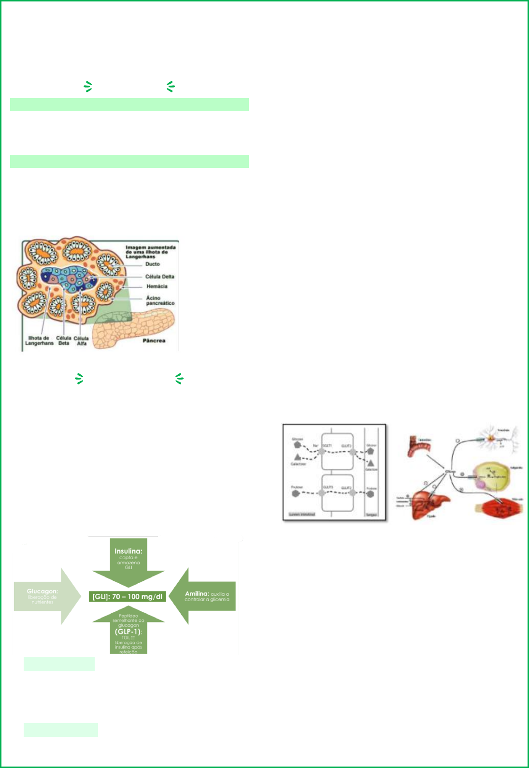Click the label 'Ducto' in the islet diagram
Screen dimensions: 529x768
(152, 264)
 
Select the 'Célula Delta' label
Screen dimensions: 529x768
(159, 277)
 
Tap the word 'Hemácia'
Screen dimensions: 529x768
(157, 286)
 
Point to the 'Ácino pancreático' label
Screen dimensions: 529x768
(160, 300)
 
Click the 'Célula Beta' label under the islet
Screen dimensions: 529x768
(63, 340)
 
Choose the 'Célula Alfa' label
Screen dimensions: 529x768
(81, 340)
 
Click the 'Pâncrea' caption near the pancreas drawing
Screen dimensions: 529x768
(154, 340)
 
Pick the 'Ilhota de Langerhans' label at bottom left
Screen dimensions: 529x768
(39, 340)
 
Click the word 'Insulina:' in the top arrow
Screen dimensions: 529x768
(128, 551)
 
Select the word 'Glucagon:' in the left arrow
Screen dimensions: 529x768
(42, 591)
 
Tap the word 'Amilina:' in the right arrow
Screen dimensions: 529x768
(197, 593)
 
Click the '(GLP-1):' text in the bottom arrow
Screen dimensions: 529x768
(128, 632)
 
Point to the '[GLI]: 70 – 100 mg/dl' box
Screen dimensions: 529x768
(128, 596)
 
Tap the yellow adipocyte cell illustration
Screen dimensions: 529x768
(490, 476)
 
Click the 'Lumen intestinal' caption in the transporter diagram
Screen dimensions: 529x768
(301, 514)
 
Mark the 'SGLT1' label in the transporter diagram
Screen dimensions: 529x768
(327, 445)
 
